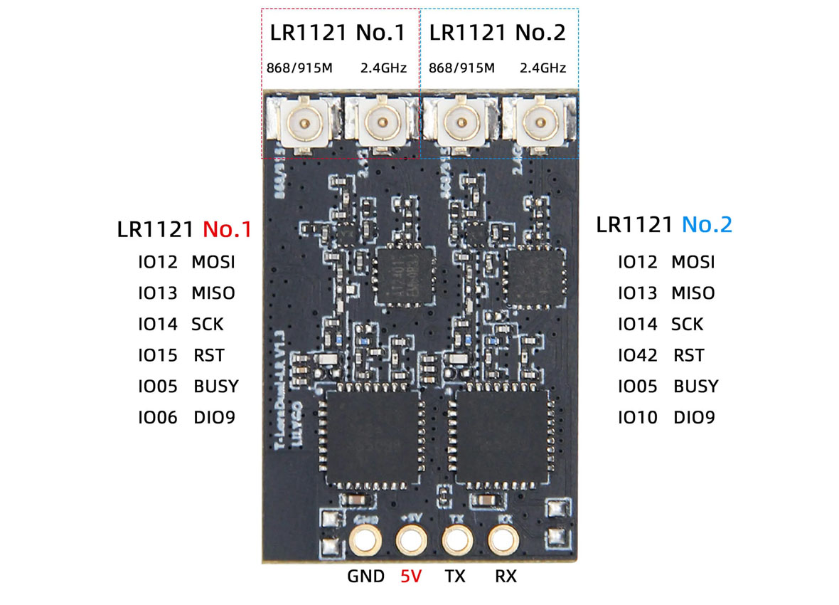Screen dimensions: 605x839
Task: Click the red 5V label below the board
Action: pyautogui.click(x=410, y=577)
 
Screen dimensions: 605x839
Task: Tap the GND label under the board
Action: pyautogui.click(x=365, y=577)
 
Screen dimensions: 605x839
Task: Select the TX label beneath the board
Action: pyautogui.click(x=455, y=577)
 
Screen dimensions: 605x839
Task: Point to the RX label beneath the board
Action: pyautogui.click(x=506, y=577)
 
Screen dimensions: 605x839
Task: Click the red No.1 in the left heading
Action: pyautogui.click(x=227, y=229)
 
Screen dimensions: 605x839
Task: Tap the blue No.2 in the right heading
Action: pyautogui.click(x=706, y=225)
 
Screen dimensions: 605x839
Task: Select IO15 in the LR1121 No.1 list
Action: pyautogui.click(x=158, y=355)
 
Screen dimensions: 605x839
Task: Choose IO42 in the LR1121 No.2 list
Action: pyautogui.click(x=638, y=355)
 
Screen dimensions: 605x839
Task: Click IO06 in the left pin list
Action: pyautogui.click(x=158, y=418)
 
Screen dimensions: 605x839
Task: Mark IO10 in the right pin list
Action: pyautogui.click(x=638, y=418)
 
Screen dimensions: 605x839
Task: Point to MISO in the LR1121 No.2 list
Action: pyautogui.click(x=693, y=293)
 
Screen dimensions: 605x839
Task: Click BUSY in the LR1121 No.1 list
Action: pyautogui.click(x=216, y=386)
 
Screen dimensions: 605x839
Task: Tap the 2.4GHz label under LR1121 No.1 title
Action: pyautogui.click(x=383, y=68)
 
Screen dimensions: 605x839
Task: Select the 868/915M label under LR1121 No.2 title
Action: pyautogui.click(x=461, y=68)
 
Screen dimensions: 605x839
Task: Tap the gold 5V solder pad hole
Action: pyautogui.click(x=410, y=541)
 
